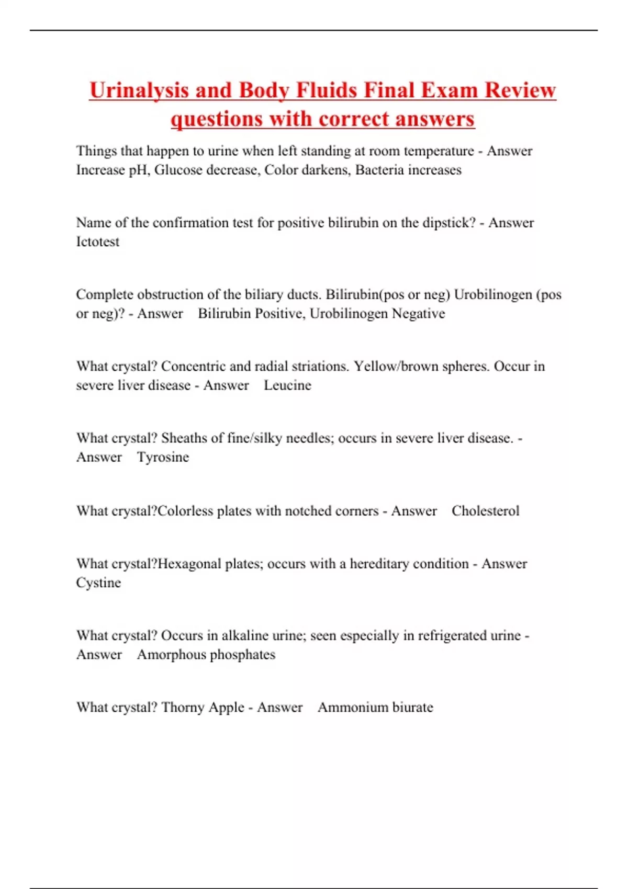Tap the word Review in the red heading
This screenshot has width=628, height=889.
pos(520,90)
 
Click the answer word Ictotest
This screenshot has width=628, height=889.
pos(98,242)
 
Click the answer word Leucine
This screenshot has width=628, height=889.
pos(287,385)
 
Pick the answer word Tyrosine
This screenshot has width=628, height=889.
pos(163,457)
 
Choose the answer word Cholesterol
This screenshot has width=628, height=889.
pos(485,511)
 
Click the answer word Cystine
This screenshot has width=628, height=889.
pos(98,583)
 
